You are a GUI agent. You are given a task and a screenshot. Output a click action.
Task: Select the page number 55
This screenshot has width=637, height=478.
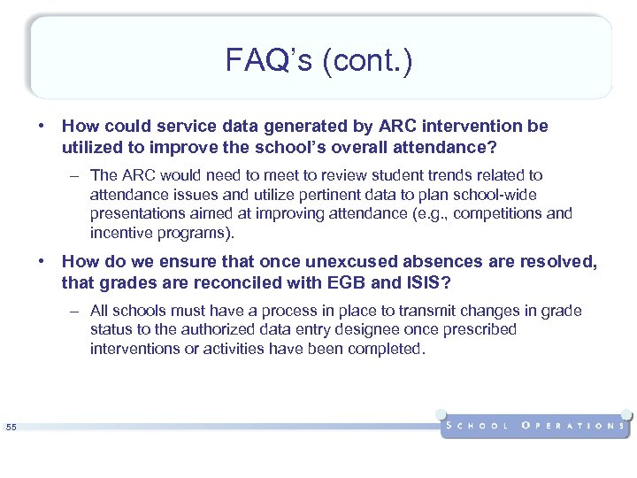pos(11,428)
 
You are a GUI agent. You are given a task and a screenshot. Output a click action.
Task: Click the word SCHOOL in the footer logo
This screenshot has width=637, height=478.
pos(478,426)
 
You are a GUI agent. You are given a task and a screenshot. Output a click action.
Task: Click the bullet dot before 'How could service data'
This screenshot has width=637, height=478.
pos(41,126)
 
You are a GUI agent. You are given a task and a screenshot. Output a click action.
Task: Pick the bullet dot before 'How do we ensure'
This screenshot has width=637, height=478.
pos(41,262)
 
